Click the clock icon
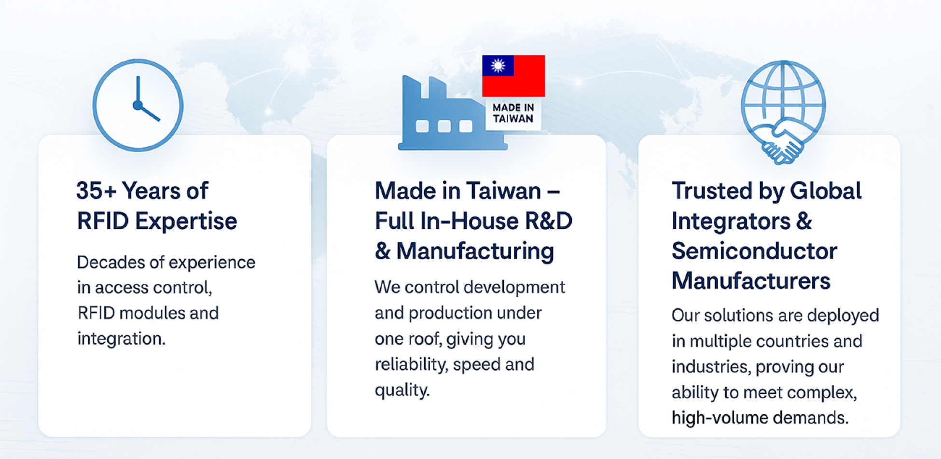(138, 105)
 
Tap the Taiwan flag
(513, 76)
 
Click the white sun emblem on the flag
(498, 66)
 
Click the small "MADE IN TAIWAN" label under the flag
(513, 113)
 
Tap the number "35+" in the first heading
(97, 191)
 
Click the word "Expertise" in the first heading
(186, 222)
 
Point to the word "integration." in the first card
(122, 338)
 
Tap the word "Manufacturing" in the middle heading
(475, 251)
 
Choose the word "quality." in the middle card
(402, 390)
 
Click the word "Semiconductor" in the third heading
(754, 251)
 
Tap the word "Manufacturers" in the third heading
(751, 281)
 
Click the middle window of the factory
(444, 126)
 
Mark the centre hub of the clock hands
(138, 105)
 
